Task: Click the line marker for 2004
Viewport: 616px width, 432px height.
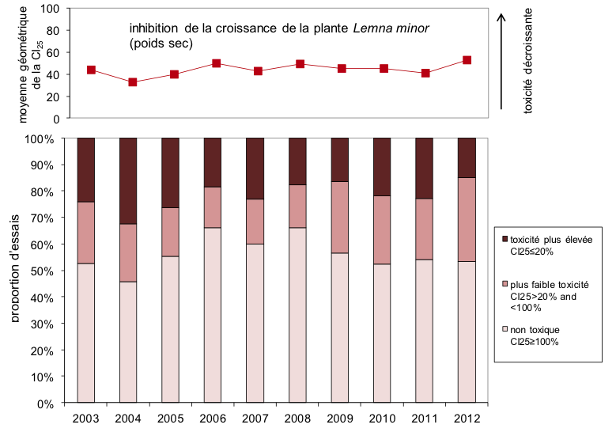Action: pos(133,82)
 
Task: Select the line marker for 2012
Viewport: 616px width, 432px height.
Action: pos(467,60)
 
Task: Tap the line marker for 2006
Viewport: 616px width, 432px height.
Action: pos(217,63)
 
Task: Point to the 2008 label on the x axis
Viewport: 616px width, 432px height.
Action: pos(297,417)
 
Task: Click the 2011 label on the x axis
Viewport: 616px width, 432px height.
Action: pos(425,417)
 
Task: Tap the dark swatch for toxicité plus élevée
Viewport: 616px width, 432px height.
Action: pos(504,238)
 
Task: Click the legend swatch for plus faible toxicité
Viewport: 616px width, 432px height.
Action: pos(504,284)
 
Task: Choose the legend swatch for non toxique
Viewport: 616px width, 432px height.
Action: pos(504,330)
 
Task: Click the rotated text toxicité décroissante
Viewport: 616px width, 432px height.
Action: pos(528,61)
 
